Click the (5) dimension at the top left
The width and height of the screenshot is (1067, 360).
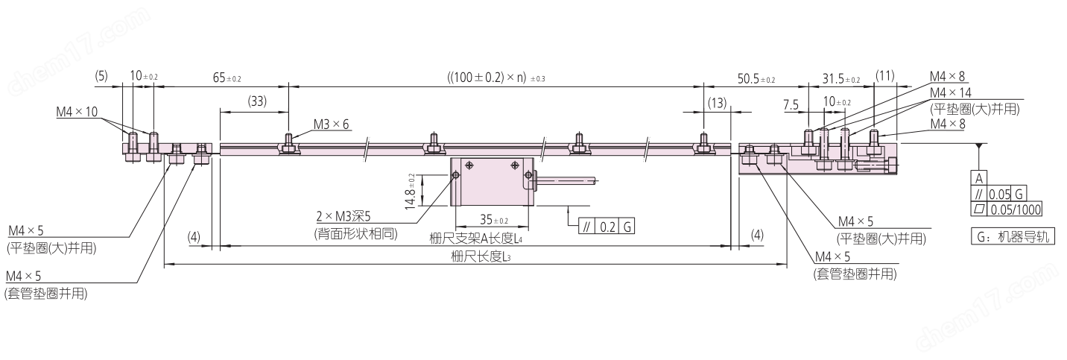(101, 76)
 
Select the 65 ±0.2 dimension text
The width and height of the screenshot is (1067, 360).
(227, 78)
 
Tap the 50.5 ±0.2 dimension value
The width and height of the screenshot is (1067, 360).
(756, 78)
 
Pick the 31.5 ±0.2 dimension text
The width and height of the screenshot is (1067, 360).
(841, 78)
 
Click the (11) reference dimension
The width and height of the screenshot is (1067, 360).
(885, 76)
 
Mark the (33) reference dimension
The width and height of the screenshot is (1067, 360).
(257, 101)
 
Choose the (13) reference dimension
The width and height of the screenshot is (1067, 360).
(717, 102)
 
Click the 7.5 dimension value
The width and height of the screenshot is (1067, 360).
(791, 104)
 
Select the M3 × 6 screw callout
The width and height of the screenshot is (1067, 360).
(331, 124)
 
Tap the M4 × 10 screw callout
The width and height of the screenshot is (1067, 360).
(77, 112)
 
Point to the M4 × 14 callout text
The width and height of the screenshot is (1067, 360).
(950, 92)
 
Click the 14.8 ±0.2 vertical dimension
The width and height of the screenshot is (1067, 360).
(411, 191)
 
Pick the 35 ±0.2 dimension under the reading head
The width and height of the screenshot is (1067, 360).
(494, 220)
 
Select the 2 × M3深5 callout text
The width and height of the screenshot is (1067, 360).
(343, 217)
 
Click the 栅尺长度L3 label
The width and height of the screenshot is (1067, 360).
(481, 257)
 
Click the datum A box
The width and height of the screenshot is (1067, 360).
(979, 178)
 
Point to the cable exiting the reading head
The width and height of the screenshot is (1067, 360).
(566, 180)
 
